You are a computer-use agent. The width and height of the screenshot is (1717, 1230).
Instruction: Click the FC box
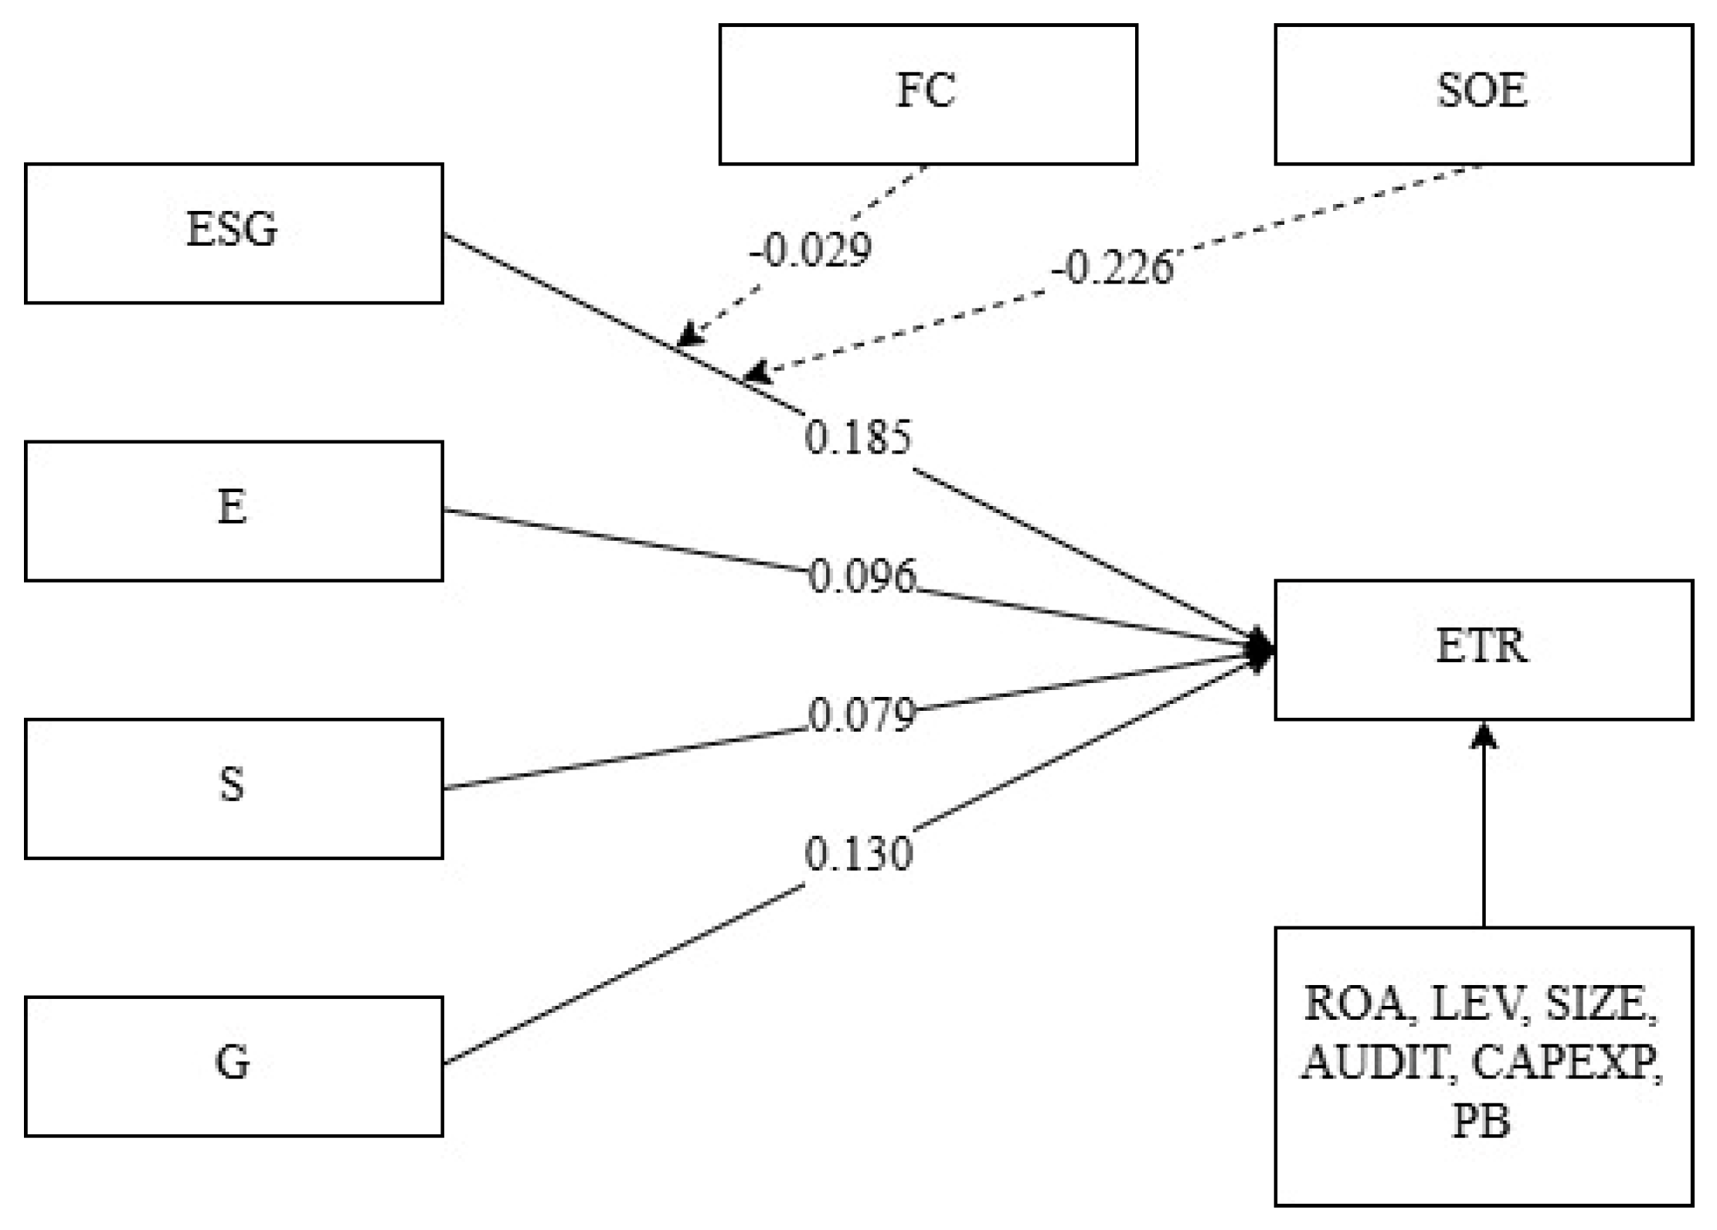[x=927, y=94]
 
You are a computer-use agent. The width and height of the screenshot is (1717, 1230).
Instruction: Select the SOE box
[x=1482, y=94]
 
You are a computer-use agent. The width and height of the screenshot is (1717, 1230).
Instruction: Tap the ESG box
[x=233, y=233]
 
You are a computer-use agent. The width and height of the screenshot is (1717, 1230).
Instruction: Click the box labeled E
[x=233, y=511]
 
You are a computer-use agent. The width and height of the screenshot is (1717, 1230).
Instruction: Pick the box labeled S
[x=233, y=788]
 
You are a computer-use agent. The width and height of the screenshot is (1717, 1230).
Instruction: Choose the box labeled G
[x=233, y=1065]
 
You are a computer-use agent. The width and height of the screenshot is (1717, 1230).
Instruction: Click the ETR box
[x=1482, y=649]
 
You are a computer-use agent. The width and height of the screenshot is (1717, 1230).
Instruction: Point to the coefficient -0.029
[x=810, y=250]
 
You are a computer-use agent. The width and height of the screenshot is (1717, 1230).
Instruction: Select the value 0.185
[x=858, y=437]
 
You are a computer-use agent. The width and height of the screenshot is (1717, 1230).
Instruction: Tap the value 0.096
[x=861, y=576]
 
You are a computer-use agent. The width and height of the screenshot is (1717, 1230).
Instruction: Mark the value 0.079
[x=861, y=715]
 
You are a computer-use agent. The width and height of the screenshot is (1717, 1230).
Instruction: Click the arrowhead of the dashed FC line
[x=688, y=336]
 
